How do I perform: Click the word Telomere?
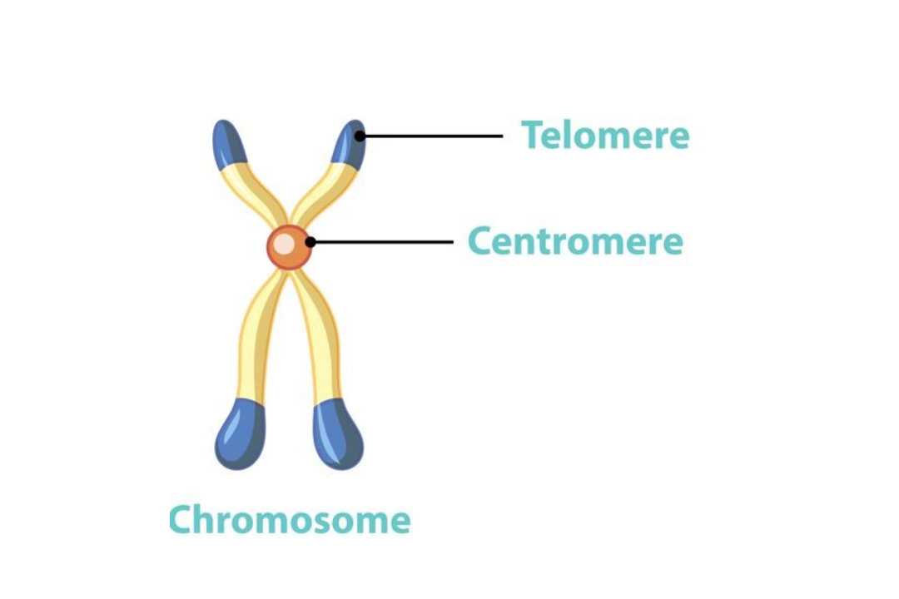605,135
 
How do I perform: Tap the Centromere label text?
575,242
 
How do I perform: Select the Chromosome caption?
290,521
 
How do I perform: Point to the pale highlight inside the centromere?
285,244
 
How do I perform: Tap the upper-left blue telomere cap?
228,143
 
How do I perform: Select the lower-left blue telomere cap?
241,433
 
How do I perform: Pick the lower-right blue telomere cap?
338,433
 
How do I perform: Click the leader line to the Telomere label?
433,136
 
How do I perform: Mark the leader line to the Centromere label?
383,242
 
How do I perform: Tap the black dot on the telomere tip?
360,136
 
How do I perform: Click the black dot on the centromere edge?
310,242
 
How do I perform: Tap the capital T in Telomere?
533,135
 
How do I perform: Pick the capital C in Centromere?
480,242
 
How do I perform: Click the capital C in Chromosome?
181,521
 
